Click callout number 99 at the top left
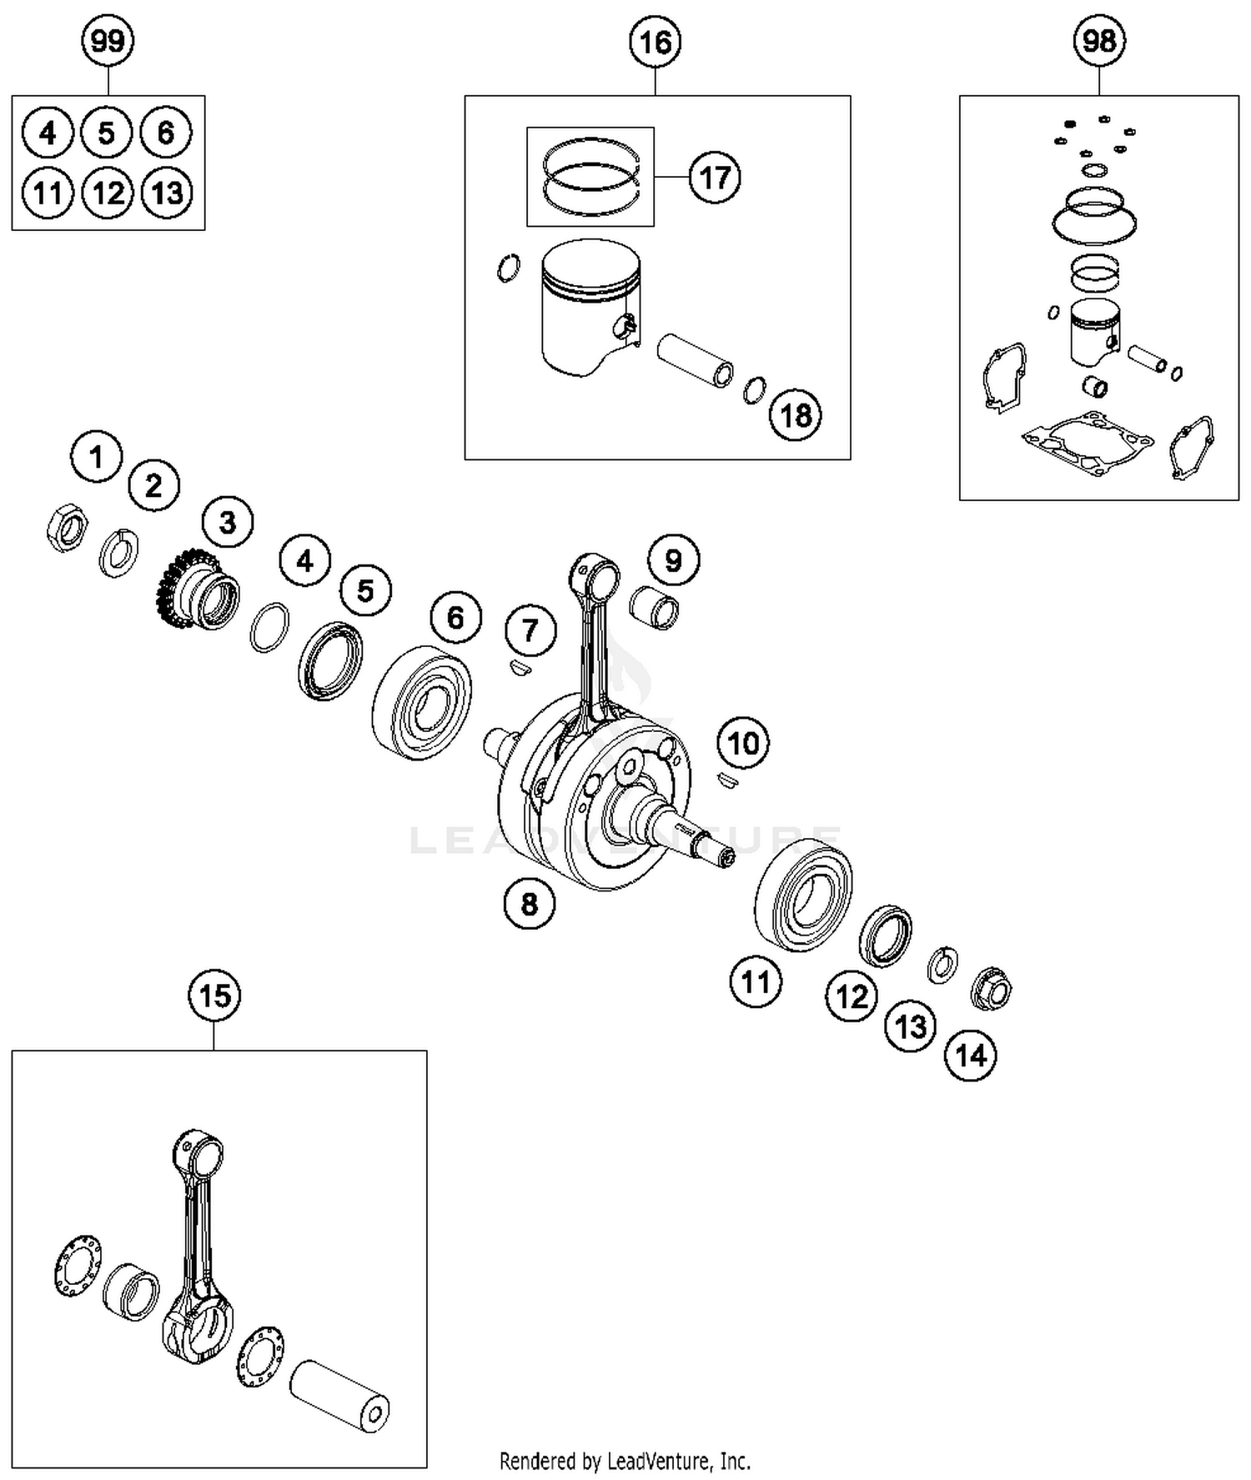pos(108,41)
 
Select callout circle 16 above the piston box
pos(656,41)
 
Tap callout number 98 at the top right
pos(1099,40)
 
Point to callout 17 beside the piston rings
pos(715,178)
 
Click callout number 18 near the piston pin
pos(795,414)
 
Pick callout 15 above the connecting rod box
pos(214,995)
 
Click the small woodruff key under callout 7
pos(518,667)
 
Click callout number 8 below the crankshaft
pos(530,903)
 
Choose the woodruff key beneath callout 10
pos(727,780)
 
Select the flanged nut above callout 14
pos(992,989)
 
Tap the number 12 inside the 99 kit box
pos(108,193)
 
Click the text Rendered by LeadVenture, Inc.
pos(625,1461)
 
